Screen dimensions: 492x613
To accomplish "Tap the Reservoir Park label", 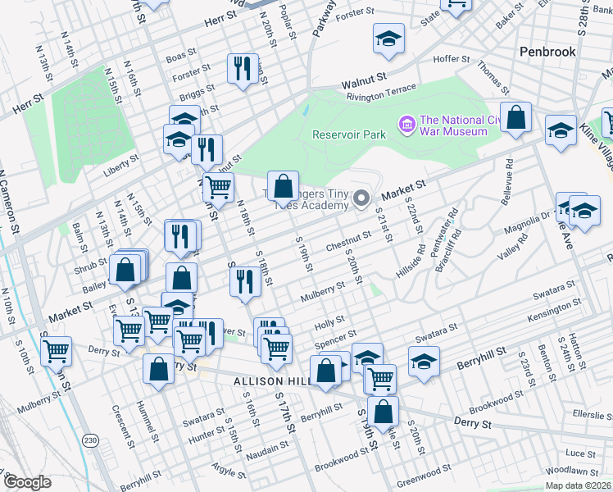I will [348, 134].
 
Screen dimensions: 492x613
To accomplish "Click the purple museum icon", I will [406, 125].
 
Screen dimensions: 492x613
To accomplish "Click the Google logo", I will [26, 482].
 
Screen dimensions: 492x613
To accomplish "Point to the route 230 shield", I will [90, 440].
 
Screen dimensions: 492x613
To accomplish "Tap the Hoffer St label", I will [451, 59].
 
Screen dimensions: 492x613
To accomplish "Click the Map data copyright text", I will [578, 485].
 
